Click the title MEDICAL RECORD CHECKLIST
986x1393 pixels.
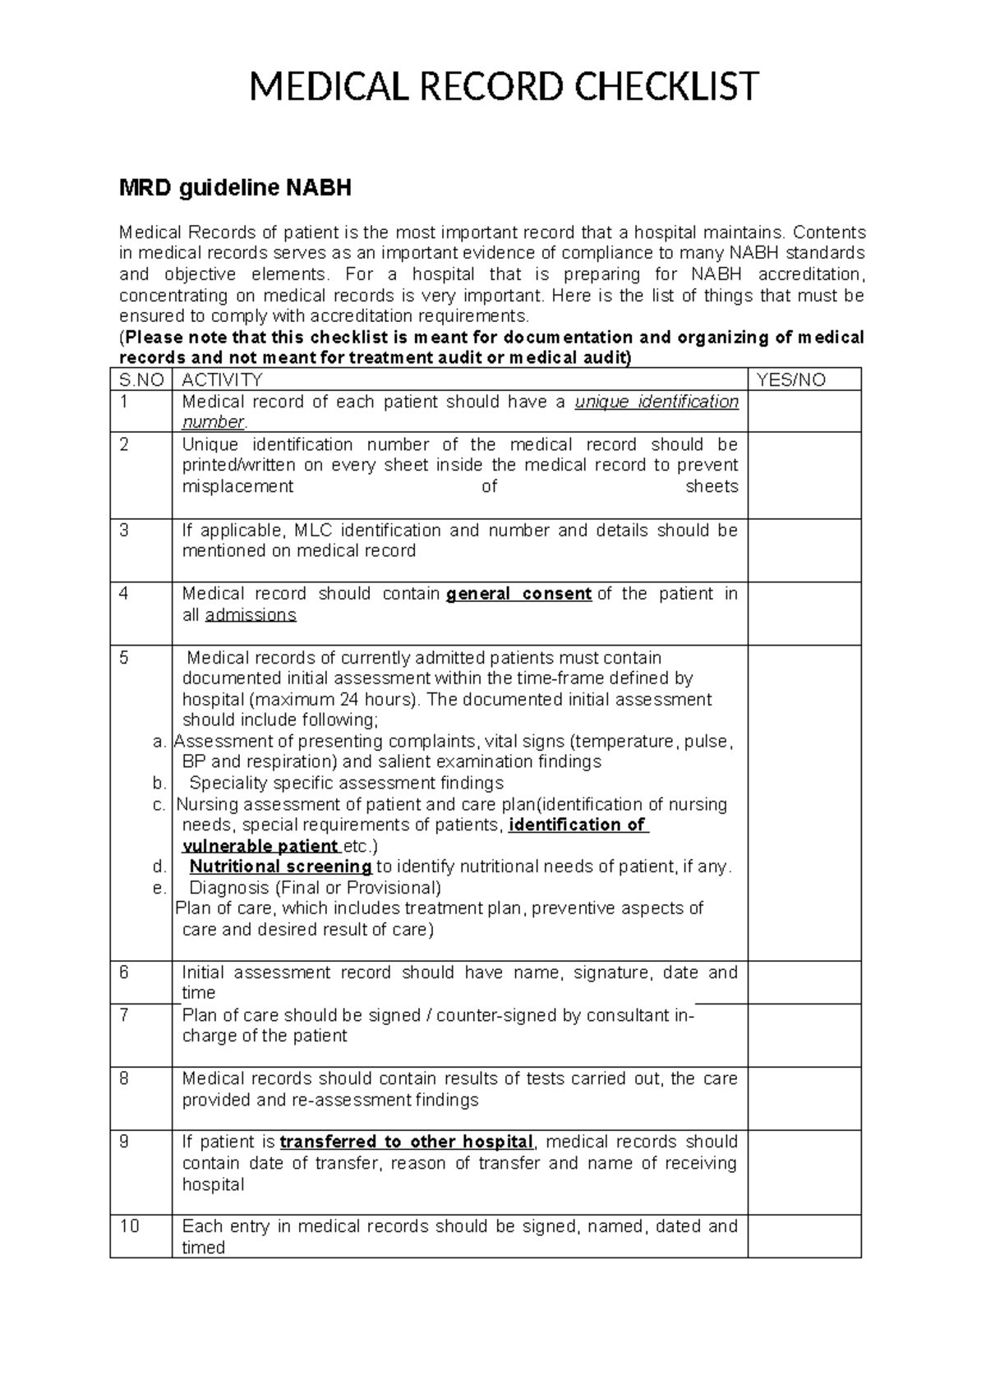click(x=504, y=87)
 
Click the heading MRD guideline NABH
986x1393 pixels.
click(x=235, y=189)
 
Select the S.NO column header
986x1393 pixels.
click(x=141, y=379)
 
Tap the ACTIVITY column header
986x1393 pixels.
click(x=222, y=379)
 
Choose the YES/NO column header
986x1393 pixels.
click(x=790, y=379)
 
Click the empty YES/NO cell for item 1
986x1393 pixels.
click(x=804, y=411)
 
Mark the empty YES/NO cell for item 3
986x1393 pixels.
click(x=804, y=550)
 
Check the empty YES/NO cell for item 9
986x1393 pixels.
click(x=804, y=1173)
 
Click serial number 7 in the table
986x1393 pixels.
click(x=124, y=1015)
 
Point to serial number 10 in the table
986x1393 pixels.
click(x=129, y=1226)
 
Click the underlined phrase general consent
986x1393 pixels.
click(x=518, y=594)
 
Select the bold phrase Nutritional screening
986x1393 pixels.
click(x=281, y=867)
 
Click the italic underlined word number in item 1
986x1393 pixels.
click(x=213, y=422)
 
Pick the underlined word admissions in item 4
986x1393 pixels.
click(x=250, y=615)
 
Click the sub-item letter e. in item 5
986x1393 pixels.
click(x=159, y=888)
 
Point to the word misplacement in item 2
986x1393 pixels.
click(x=237, y=486)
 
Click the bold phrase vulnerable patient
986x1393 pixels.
click(x=260, y=846)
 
